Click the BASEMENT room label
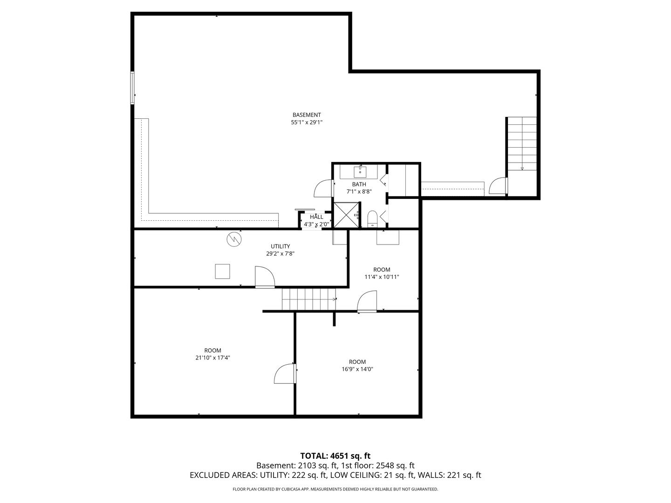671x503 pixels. point(307,115)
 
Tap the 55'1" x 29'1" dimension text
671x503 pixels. point(307,122)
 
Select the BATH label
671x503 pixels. point(359,184)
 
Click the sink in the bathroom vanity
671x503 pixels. point(360,172)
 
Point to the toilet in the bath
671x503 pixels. point(372,218)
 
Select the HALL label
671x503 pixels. point(316,217)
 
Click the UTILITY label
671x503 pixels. point(280,246)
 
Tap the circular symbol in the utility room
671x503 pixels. point(234,239)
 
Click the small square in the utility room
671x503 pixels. point(222,271)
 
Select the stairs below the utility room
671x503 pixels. point(309,299)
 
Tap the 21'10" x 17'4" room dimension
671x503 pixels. point(212,358)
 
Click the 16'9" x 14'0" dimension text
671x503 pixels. point(357,369)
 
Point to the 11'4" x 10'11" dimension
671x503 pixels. point(382,277)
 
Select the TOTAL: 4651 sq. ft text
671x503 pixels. point(335,455)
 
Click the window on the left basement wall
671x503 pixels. point(133,88)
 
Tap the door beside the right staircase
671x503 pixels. point(498,185)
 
